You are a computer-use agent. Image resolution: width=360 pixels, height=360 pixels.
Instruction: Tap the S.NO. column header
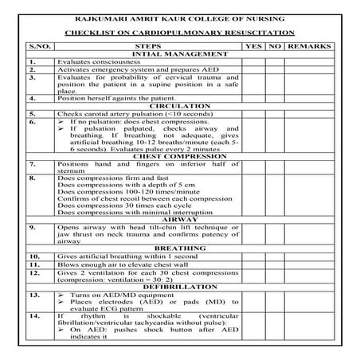(39, 46)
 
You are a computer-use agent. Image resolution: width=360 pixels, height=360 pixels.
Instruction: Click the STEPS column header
(149, 46)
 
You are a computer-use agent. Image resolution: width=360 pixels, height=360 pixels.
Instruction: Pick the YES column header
(253, 46)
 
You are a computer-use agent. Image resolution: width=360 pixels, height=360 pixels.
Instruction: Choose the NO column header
(275, 46)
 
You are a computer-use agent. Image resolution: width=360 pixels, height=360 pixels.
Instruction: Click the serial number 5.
(31, 113)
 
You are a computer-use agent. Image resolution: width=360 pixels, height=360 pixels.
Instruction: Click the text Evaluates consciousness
(97, 61)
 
